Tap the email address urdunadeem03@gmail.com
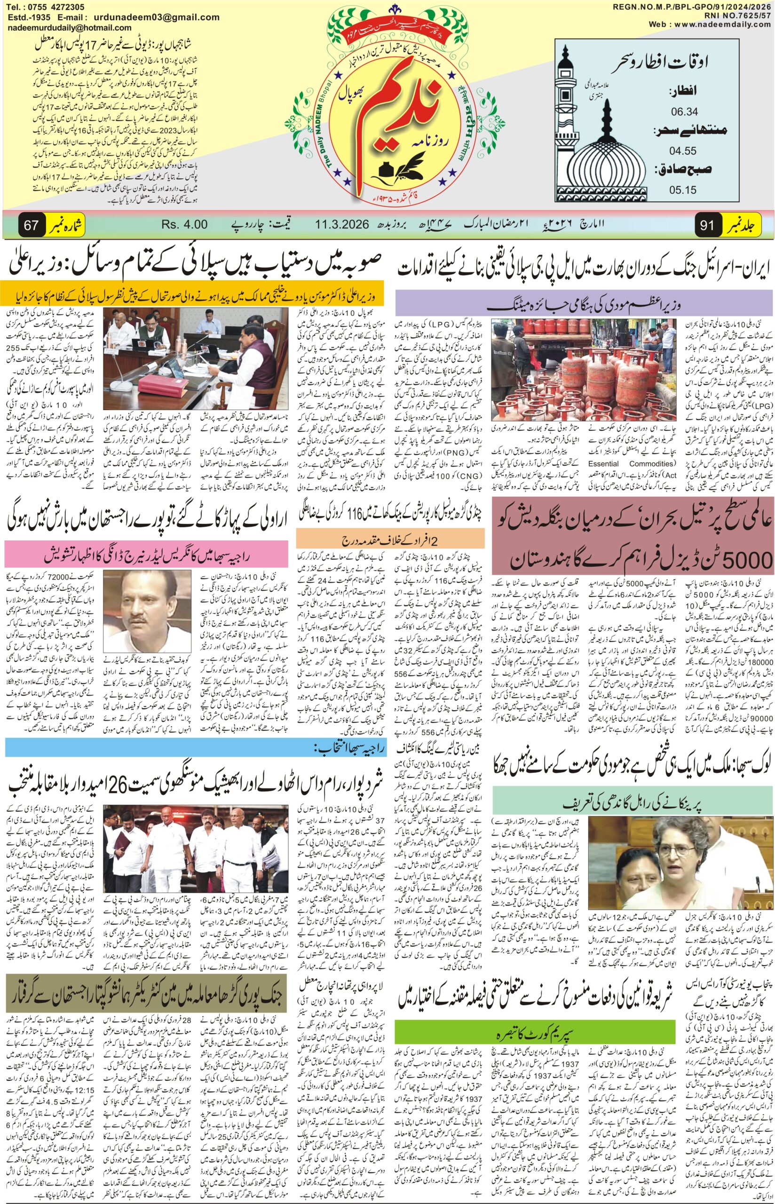point(164,17)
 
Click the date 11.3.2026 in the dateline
point(343,224)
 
